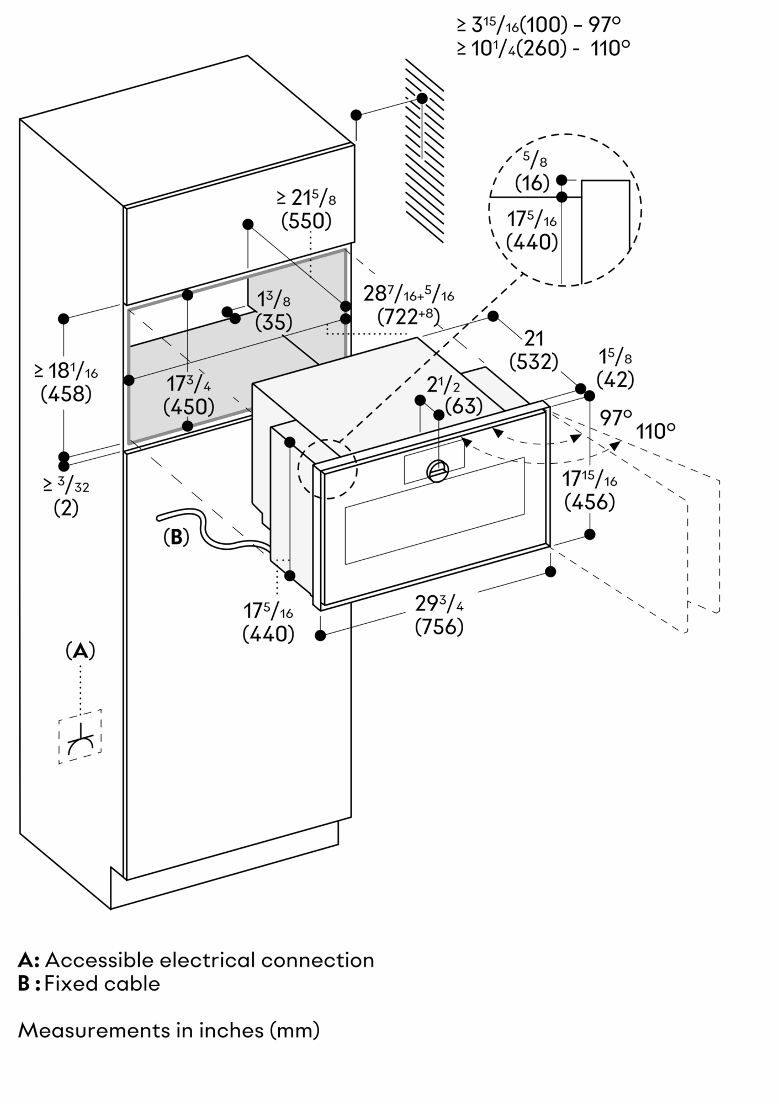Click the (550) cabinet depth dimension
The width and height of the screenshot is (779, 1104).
[x=306, y=221]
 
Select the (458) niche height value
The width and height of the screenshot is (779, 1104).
[x=66, y=394]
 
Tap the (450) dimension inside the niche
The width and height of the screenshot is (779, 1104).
[x=189, y=407]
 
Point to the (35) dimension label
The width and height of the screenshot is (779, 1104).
[x=274, y=322]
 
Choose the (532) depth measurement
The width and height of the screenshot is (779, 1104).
[x=533, y=362]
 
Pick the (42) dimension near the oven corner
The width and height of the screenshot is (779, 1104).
[x=615, y=380]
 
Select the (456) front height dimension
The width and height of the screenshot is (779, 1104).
[x=590, y=503]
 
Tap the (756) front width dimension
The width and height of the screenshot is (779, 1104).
[x=439, y=627]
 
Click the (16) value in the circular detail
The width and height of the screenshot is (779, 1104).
[x=532, y=183]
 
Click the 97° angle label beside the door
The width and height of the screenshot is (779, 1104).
[x=616, y=417]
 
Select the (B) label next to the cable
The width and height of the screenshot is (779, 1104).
[x=176, y=537]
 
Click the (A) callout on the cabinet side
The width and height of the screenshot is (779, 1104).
[x=80, y=651]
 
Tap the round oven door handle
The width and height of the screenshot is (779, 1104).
[x=439, y=470]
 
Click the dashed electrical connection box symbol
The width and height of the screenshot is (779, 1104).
[x=80, y=736]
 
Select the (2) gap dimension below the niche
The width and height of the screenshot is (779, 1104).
[x=66, y=508]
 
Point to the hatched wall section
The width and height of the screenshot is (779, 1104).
[x=424, y=155]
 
